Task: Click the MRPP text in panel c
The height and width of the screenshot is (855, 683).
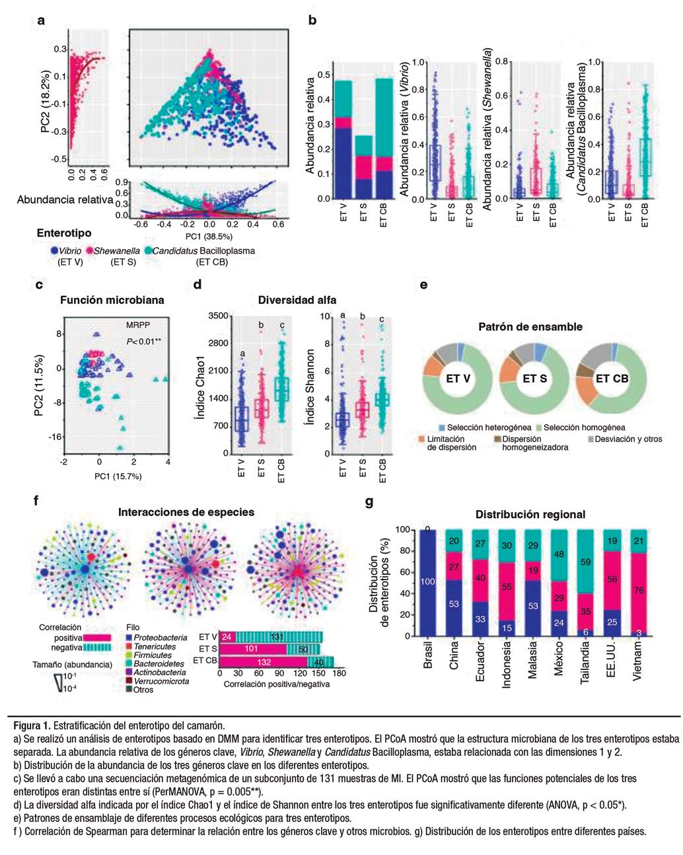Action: point(138,326)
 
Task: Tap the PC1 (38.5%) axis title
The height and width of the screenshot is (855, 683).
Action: point(207,234)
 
